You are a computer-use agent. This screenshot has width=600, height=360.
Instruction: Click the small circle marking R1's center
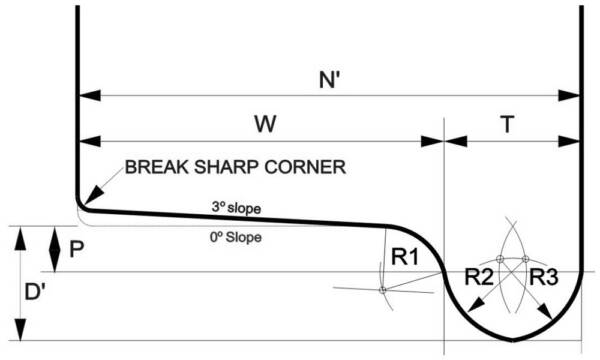point(382,290)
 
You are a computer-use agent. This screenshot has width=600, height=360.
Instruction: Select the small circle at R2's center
point(499,259)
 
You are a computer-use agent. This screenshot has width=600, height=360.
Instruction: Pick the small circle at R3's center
point(524,259)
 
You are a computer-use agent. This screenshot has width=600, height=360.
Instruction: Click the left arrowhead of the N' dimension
point(85,96)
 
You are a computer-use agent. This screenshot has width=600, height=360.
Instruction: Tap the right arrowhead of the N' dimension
point(575,96)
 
